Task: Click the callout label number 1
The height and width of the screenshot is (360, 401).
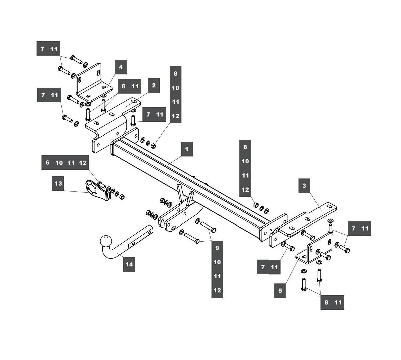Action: tap(187, 149)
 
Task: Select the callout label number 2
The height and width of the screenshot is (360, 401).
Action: tap(154, 85)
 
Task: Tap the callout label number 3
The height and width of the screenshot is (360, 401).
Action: tap(304, 185)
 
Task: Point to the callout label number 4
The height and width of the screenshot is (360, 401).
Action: tap(121, 67)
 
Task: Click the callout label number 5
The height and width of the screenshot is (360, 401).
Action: tap(280, 290)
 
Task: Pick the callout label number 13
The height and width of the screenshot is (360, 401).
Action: tap(58, 183)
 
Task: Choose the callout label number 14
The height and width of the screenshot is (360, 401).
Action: tap(129, 264)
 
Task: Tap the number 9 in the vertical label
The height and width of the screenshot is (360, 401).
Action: tap(217, 248)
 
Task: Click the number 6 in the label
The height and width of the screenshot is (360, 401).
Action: tap(47, 163)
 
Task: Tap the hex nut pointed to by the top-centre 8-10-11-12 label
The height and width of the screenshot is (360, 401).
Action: tap(154, 145)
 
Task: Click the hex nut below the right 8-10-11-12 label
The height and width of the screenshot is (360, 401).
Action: tap(256, 205)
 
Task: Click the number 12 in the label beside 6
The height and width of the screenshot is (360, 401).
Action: tap(83, 163)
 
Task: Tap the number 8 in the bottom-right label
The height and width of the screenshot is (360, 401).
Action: tap(326, 302)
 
